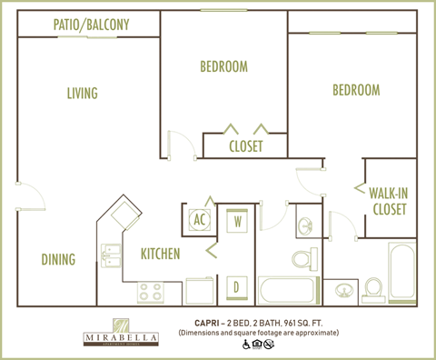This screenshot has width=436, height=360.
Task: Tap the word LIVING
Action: coord(82,93)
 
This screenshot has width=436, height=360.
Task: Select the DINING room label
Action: coord(58,260)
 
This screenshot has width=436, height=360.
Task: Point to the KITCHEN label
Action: coord(159,254)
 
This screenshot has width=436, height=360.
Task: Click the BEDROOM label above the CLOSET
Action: coord(223,66)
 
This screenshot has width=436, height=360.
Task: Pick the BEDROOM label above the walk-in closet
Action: coord(355,90)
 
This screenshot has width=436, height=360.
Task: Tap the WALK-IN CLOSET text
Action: coord(388,200)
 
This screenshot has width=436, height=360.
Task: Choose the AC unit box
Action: coord(200,219)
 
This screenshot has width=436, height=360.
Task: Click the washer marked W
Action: coord(237,220)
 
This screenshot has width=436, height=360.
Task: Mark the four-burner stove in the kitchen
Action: coord(150,293)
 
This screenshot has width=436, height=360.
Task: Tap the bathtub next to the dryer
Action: coord(286,292)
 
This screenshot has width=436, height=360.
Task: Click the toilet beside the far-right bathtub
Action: coord(372,290)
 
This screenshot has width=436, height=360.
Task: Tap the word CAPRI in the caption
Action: coord(210,322)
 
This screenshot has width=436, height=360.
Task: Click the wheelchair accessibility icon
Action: coord(246,345)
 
